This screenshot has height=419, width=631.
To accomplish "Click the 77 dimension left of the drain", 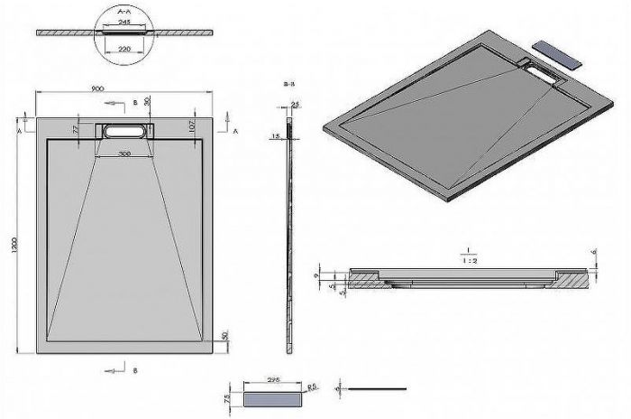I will [77, 130].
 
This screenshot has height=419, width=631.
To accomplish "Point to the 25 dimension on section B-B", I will [297, 106].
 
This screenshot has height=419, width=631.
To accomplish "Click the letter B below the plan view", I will [133, 370].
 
